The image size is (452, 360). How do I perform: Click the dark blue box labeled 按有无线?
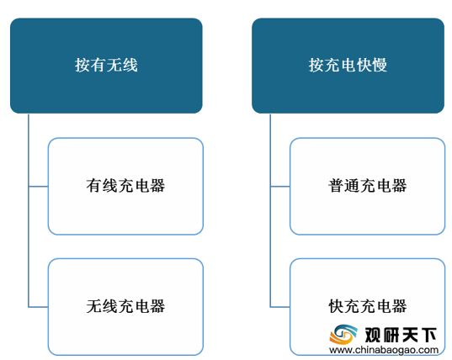click(106, 66)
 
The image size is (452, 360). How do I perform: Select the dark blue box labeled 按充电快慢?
click(348, 66)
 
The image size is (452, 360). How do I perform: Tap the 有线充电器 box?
click(125, 187)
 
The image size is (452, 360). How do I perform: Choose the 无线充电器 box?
click(125, 307)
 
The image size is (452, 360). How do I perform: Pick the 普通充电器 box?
click(368, 187)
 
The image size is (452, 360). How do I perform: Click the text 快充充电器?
click(368, 306)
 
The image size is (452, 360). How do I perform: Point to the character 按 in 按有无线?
click(82, 65)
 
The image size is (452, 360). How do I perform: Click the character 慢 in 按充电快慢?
click(380, 65)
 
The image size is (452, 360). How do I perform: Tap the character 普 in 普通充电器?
click(336, 186)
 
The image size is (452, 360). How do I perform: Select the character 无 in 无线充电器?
click(94, 306)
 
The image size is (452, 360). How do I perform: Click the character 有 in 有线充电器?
click(94, 186)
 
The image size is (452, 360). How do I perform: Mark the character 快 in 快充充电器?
click(336, 306)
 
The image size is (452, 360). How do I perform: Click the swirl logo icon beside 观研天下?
click(343, 335)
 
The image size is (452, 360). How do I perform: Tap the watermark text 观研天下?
click(401, 335)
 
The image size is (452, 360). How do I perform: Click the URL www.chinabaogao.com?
click(384, 350)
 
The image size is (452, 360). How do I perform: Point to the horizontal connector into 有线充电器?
click(39, 187)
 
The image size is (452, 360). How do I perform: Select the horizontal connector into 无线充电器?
click(39, 307)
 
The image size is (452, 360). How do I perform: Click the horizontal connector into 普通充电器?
click(280, 187)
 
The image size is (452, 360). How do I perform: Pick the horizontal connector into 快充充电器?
click(280, 307)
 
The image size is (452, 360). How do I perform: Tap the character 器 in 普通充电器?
click(399, 186)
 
